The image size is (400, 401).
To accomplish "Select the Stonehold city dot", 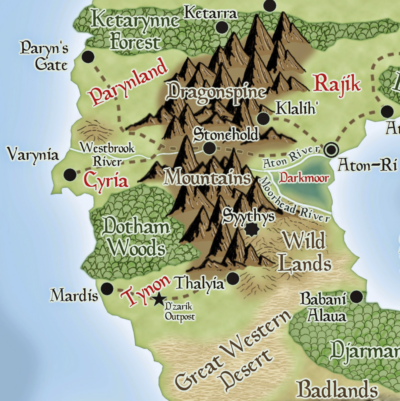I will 209,148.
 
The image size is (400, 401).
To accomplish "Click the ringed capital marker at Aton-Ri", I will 331,150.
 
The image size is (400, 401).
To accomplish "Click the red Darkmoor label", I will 304,178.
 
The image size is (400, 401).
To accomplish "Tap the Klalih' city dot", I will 263,118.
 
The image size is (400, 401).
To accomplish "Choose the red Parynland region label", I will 128,83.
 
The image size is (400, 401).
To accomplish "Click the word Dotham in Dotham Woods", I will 136,227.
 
